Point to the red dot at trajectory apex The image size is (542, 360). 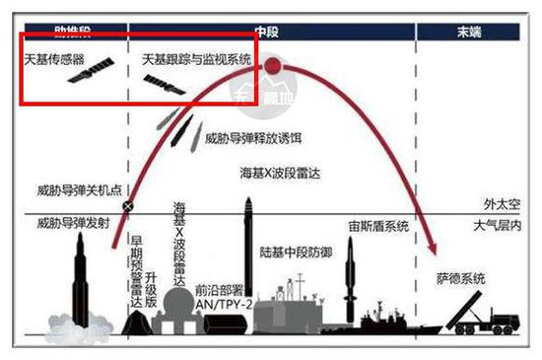(273, 67)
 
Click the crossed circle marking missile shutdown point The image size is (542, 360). (127, 207)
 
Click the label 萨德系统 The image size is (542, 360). (461, 279)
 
